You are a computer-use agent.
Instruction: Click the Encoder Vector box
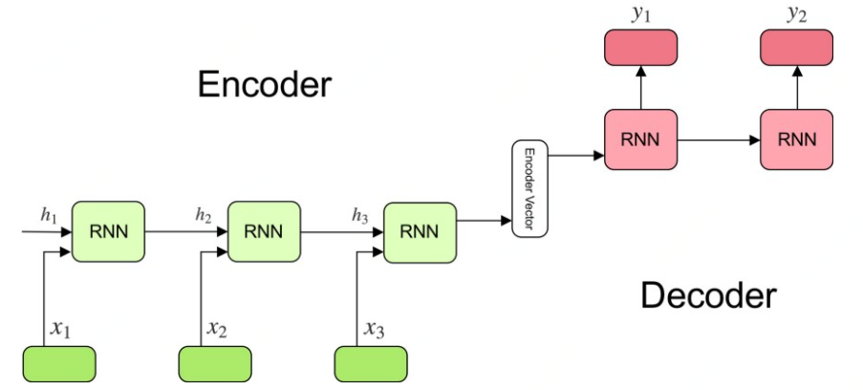530,189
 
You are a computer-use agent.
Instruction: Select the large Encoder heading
265,85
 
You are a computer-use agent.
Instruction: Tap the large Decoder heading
708,295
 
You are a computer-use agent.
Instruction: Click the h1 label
49,216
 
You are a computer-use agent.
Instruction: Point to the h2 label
204,216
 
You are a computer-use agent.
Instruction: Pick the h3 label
359,216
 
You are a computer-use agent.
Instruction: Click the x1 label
61,329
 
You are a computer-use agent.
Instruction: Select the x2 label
217,329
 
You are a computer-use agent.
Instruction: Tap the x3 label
375,329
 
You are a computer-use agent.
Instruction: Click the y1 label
640,15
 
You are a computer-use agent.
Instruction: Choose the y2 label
796,15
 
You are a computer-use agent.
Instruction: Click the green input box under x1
59,363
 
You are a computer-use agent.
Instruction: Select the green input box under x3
372,363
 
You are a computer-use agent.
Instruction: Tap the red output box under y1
640,48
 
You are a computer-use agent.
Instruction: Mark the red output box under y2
796,48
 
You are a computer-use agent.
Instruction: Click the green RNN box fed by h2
264,231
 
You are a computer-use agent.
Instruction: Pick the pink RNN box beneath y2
796,140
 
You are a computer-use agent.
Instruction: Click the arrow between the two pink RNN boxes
719,141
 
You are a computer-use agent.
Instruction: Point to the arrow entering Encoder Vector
485,221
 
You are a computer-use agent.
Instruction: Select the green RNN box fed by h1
108,231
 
